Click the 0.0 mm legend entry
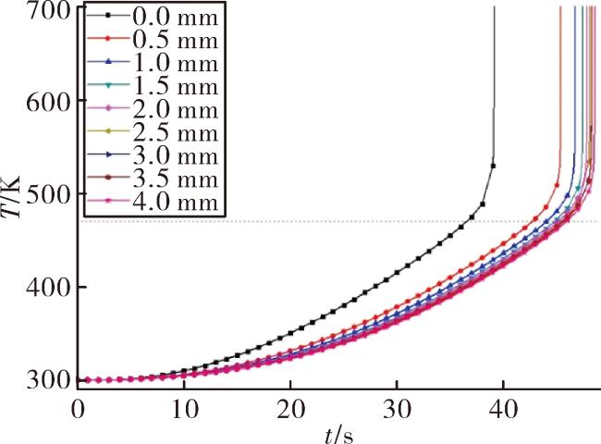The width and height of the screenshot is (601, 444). click(176, 18)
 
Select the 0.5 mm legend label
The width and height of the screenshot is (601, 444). click(176, 40)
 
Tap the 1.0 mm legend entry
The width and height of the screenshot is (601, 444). click(176, 63)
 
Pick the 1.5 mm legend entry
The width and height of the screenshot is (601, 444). click(176, 86)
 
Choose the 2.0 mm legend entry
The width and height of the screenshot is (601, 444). click(176, 109)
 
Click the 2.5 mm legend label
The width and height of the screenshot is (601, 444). click(176, 132)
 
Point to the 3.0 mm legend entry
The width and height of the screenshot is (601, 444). click(176, 155)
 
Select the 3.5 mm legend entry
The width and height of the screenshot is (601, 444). click(176, 179)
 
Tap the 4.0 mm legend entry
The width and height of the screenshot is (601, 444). click(176, 202)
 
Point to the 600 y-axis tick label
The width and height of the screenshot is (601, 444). click(49, 102)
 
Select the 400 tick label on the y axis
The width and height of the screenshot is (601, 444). click(49, 288)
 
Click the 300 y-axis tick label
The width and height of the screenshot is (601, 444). click(49, 380)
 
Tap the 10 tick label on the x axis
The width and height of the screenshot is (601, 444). click(185, 410)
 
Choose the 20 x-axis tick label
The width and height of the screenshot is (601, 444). click(291, 410)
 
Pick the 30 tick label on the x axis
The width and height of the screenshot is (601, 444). click(398, 410)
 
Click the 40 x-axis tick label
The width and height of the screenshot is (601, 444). click(504, 410)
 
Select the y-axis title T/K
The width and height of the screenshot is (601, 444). click(10, 198)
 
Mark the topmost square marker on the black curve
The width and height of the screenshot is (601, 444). click(494, 166)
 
